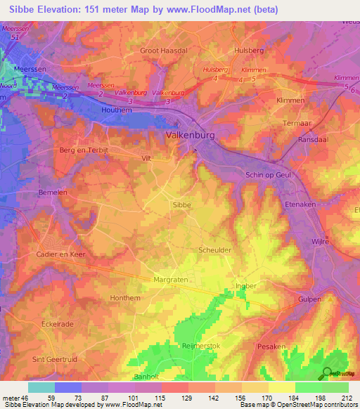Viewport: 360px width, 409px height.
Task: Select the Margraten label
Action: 170,280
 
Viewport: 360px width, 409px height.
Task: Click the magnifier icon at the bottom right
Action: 327,373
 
